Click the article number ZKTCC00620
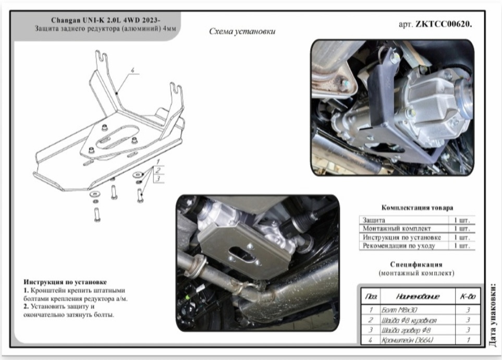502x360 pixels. [444, 25]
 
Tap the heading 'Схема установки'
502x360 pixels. [242, 31]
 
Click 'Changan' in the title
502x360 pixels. [66, 20]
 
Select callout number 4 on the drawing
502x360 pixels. [132, 70]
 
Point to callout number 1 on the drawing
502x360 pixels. [158, 162]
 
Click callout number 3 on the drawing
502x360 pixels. [158, 179]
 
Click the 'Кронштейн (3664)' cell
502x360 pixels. [407, 340]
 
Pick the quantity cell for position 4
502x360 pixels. [468, 340]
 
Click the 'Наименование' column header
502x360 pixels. [418, 296]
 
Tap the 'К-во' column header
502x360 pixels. [468, 296]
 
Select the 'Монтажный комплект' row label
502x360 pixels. [397, 229]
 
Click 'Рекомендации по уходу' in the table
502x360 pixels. [399, 246]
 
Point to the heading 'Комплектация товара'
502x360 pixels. [417, 208]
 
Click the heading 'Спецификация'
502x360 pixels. [416, 265]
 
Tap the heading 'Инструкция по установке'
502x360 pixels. [65, 282]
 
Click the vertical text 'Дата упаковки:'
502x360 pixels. [493, 315]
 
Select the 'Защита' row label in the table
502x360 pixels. [374, 220]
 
